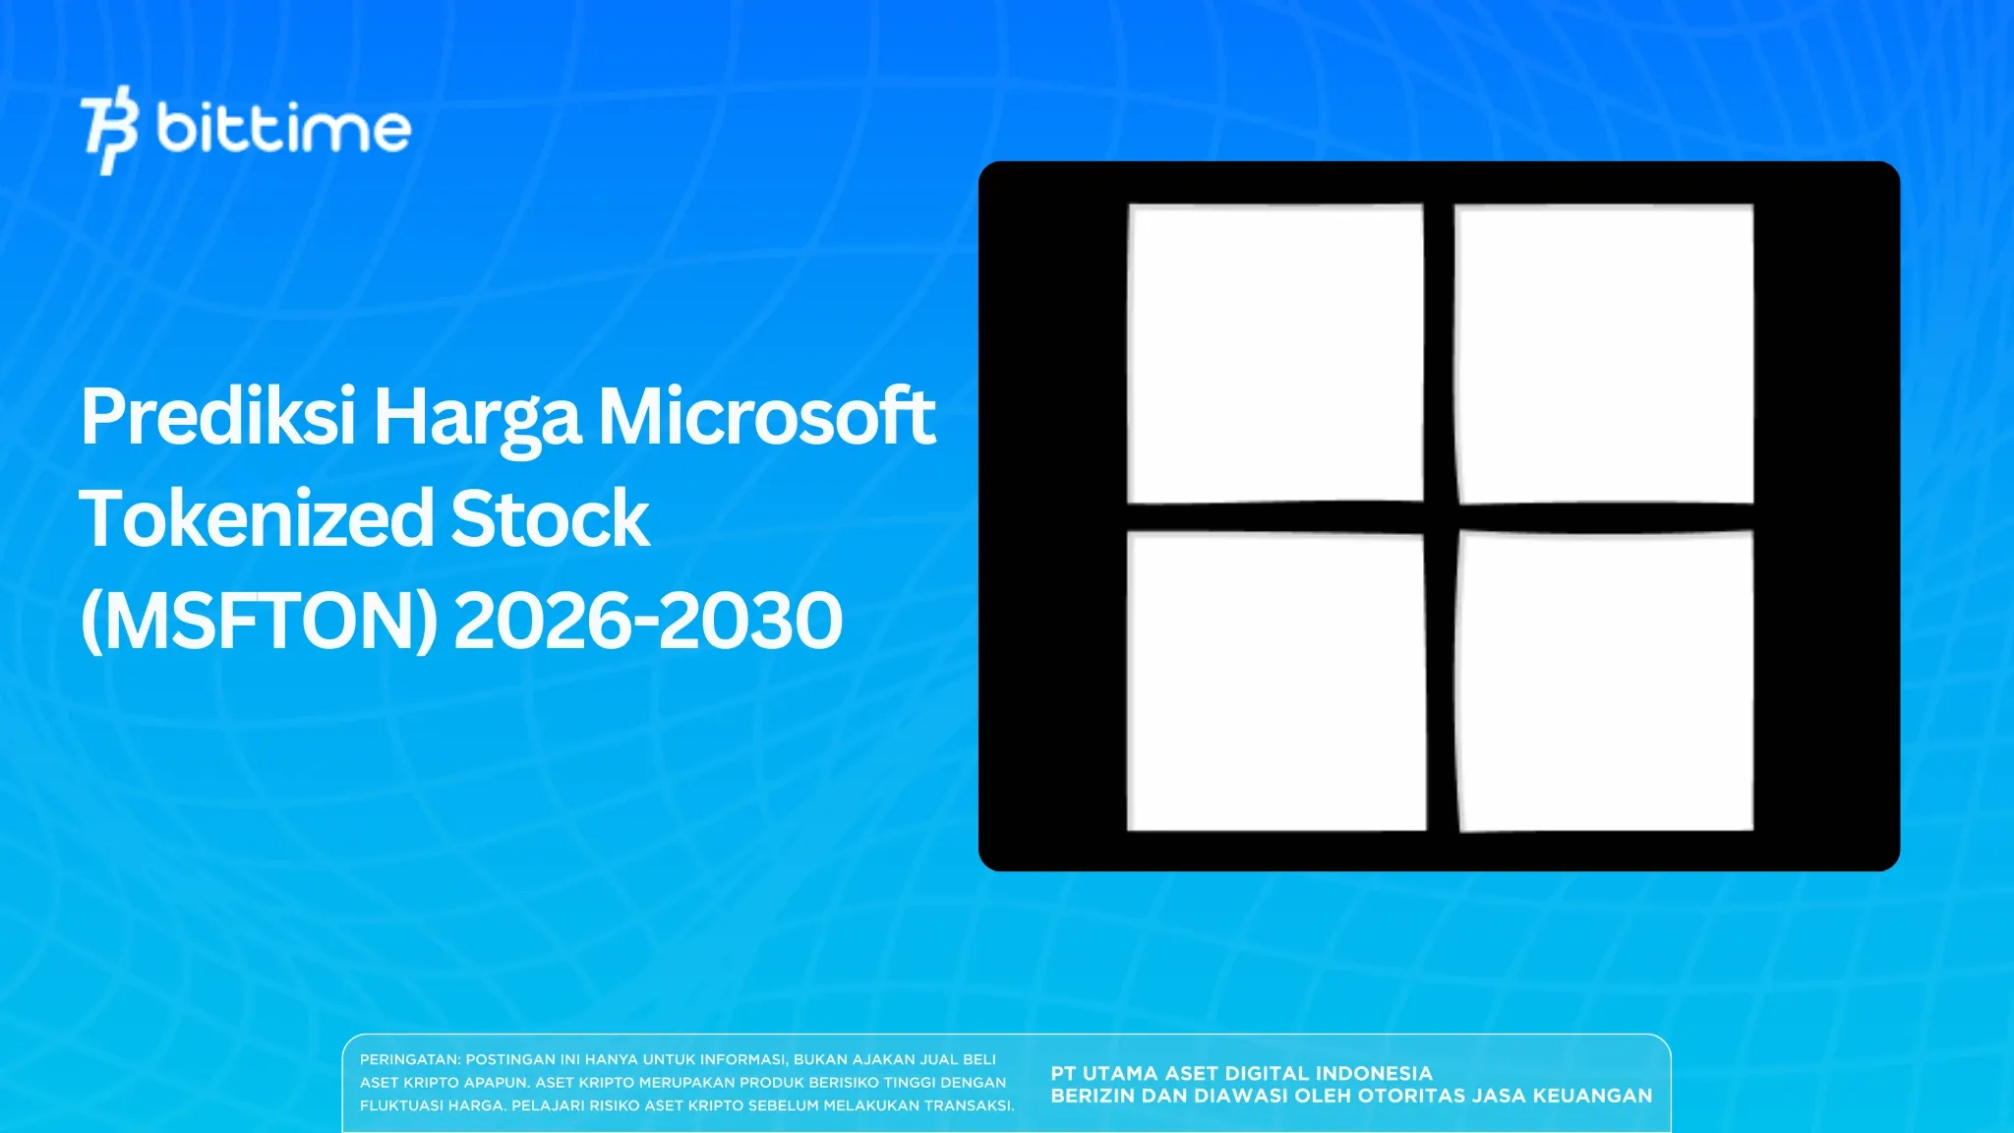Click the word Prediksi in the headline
click(218, 417)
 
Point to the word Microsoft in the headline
click(767, 417)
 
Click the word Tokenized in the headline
click(257, 518)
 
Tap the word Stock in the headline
click(551, 518)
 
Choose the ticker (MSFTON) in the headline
click(259, 622)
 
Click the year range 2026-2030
click(648, 622)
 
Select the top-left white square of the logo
click(1275, 353)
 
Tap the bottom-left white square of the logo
click(1275, 682)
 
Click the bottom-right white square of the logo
click(1605, 682)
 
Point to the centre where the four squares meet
click(1441, 517)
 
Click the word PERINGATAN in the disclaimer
click(409, 1060)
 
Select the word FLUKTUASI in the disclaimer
click(402, 1105)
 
